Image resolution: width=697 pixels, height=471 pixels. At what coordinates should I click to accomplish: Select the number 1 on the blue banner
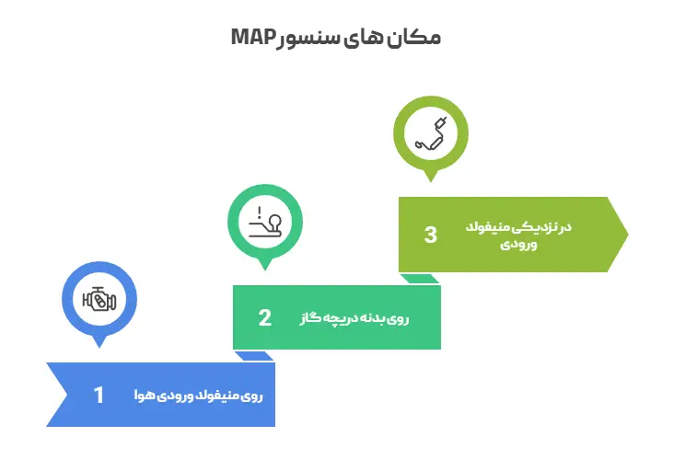coord(99,395)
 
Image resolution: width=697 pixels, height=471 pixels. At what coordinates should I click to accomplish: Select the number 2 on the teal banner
coord(264,317)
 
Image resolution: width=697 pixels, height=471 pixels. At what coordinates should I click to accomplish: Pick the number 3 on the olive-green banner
coord(430,235)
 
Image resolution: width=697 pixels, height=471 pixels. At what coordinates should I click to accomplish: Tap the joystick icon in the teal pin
coord(264,221)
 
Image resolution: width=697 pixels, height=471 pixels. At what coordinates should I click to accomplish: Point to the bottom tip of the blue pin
coord(99,347)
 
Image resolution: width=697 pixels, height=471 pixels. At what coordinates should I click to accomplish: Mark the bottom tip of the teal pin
coord(264,270)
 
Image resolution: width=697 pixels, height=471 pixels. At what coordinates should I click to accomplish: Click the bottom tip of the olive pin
coord(430,181)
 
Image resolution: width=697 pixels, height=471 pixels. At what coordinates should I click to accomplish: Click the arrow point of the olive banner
coord(626,235)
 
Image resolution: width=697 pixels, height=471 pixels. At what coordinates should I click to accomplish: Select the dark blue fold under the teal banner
coord(254,356)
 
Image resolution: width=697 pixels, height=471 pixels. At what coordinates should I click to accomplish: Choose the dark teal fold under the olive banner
coord(419,278)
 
